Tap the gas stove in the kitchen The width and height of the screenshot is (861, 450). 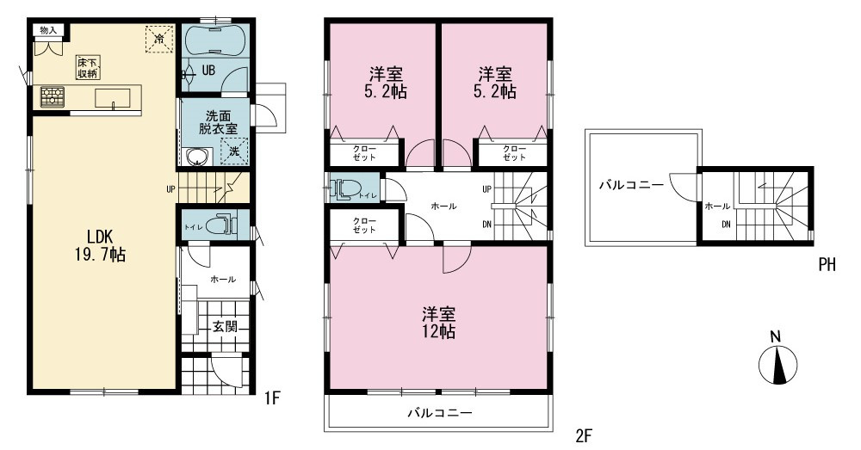tap(53, 97)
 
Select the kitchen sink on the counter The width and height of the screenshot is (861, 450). tap(113, 98)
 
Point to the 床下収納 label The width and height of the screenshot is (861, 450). tap(88, 67)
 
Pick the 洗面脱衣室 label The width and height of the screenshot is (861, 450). tap(218, 122)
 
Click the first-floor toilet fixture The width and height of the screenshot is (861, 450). tap(226, 224)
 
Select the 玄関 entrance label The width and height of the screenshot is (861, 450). tap(225, 326)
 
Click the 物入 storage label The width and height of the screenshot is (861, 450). tap(48, 30)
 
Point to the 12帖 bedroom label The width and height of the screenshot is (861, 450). tap(439, 323)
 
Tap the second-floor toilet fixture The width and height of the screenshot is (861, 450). tap(346, 188)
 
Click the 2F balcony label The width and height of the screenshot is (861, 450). tap(439, 413)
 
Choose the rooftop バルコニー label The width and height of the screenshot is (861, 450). tap(631, 185)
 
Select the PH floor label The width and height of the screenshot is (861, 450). tap(827, 264)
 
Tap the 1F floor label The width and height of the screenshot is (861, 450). tap(272, 398)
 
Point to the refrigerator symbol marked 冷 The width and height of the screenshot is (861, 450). tap(159, 39)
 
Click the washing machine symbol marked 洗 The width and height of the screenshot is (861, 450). tap(234, 151)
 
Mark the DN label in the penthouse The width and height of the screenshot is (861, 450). tap(726, 224)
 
